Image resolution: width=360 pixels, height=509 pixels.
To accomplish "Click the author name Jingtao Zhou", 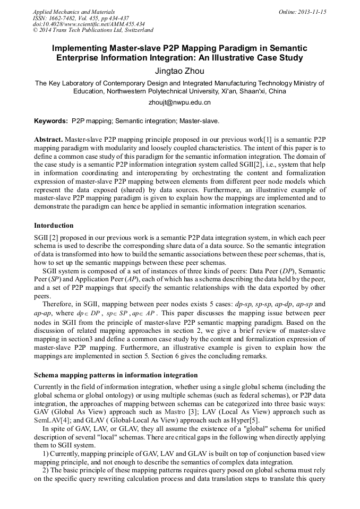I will [179, 71].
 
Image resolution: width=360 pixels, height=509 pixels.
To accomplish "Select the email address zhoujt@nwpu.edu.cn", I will [179, 102].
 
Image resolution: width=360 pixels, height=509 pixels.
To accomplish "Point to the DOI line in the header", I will [89, 24].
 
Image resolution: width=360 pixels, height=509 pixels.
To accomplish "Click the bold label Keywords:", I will [51, 121].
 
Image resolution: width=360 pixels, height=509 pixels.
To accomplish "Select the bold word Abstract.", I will [48, 139].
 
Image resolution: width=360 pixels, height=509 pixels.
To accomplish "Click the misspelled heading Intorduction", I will [54, 226].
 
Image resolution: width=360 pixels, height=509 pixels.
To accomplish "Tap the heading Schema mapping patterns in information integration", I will [116, 375].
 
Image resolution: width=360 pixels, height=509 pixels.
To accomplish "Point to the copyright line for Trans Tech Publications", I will [93, 30].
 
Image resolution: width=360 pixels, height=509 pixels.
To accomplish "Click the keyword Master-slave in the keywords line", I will [199, 121].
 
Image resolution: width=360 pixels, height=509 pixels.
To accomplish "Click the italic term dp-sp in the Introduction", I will [245, 305].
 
